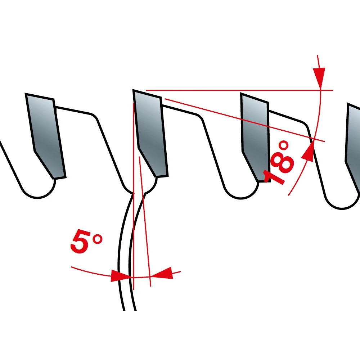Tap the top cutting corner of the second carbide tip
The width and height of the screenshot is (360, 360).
point(134,91)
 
